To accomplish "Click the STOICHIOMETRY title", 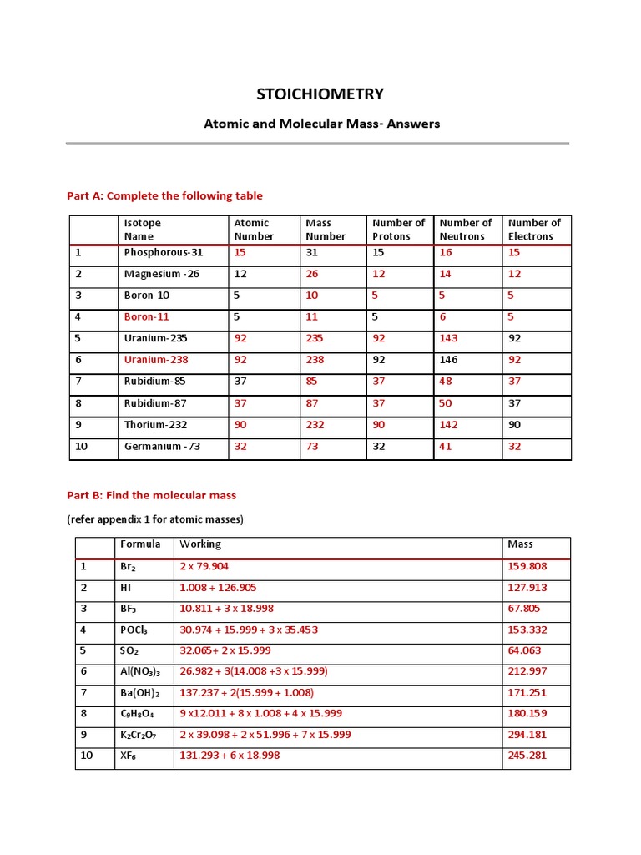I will pos(320,94).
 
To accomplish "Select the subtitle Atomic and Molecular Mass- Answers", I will pos(322,124).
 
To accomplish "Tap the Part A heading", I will pos(164,195).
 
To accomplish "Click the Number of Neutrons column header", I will pos(466,230).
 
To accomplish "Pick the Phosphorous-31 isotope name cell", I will pos(164,252).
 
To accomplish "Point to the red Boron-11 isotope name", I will pos(147,316).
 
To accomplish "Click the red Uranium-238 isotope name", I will pos(156,360).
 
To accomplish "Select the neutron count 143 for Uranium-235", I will pos(449,338).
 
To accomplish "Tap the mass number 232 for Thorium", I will pos(315,425).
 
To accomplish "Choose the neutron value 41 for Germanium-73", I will pos(446,447).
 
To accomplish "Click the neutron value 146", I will pos(449,360).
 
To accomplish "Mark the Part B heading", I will pos(151,495).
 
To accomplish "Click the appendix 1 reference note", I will pos(155,519).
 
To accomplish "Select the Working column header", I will pos(200,544).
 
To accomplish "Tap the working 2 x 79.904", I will pos(210,566).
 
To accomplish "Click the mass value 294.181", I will pos(527,735).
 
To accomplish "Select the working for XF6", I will pos(230,756).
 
